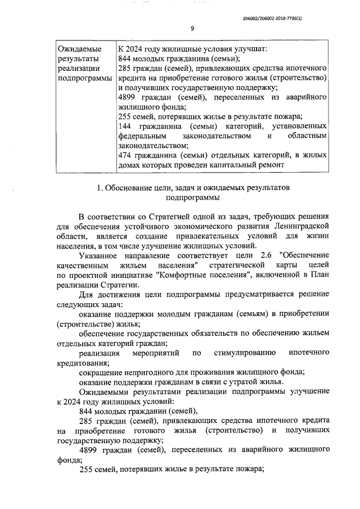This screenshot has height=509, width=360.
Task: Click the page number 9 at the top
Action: click(192, 29)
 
